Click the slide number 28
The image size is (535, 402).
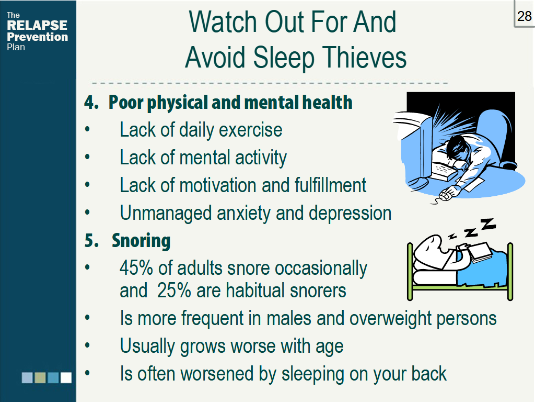(x=524, y=16)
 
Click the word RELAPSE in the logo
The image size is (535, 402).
(x=37, y=25)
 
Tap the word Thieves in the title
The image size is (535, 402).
(x=364, y=57)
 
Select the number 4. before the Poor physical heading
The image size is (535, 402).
(x=91, y=103)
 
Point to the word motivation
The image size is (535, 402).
(x=218, y=185)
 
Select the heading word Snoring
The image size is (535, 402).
(x=141, y=241)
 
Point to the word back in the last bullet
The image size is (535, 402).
(x=428, y=374)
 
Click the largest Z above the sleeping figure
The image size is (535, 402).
(x=488, y=224)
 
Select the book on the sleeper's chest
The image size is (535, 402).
(x=480, y=252)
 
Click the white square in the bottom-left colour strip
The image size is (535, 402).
(x=66, y=377)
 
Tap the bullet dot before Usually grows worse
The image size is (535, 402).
(x=87, y=345)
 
